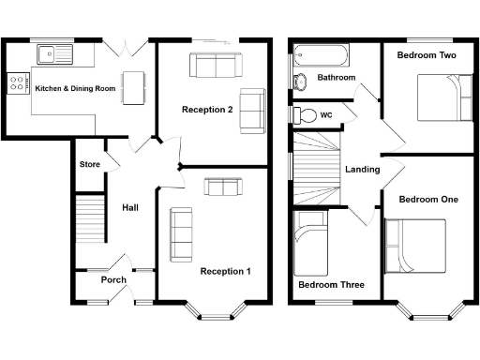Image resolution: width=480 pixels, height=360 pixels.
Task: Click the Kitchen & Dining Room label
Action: coord(75,87)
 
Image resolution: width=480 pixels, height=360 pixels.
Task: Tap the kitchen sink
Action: coord(52,53)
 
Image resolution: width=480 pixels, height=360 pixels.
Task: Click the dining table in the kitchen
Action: coord(136,87)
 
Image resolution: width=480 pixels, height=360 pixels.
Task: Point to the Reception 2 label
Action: coord(207,110)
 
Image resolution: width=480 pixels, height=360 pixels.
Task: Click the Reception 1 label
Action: coord(226,272)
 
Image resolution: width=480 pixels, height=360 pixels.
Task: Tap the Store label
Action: coord(89,165)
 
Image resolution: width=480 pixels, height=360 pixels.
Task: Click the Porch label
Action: coord(113,279)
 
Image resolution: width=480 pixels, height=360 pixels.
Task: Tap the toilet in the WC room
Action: coord(305,114)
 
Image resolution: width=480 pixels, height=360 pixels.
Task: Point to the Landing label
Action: coord(362,170)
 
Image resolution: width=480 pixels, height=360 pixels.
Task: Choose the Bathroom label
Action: coord(337,78)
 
